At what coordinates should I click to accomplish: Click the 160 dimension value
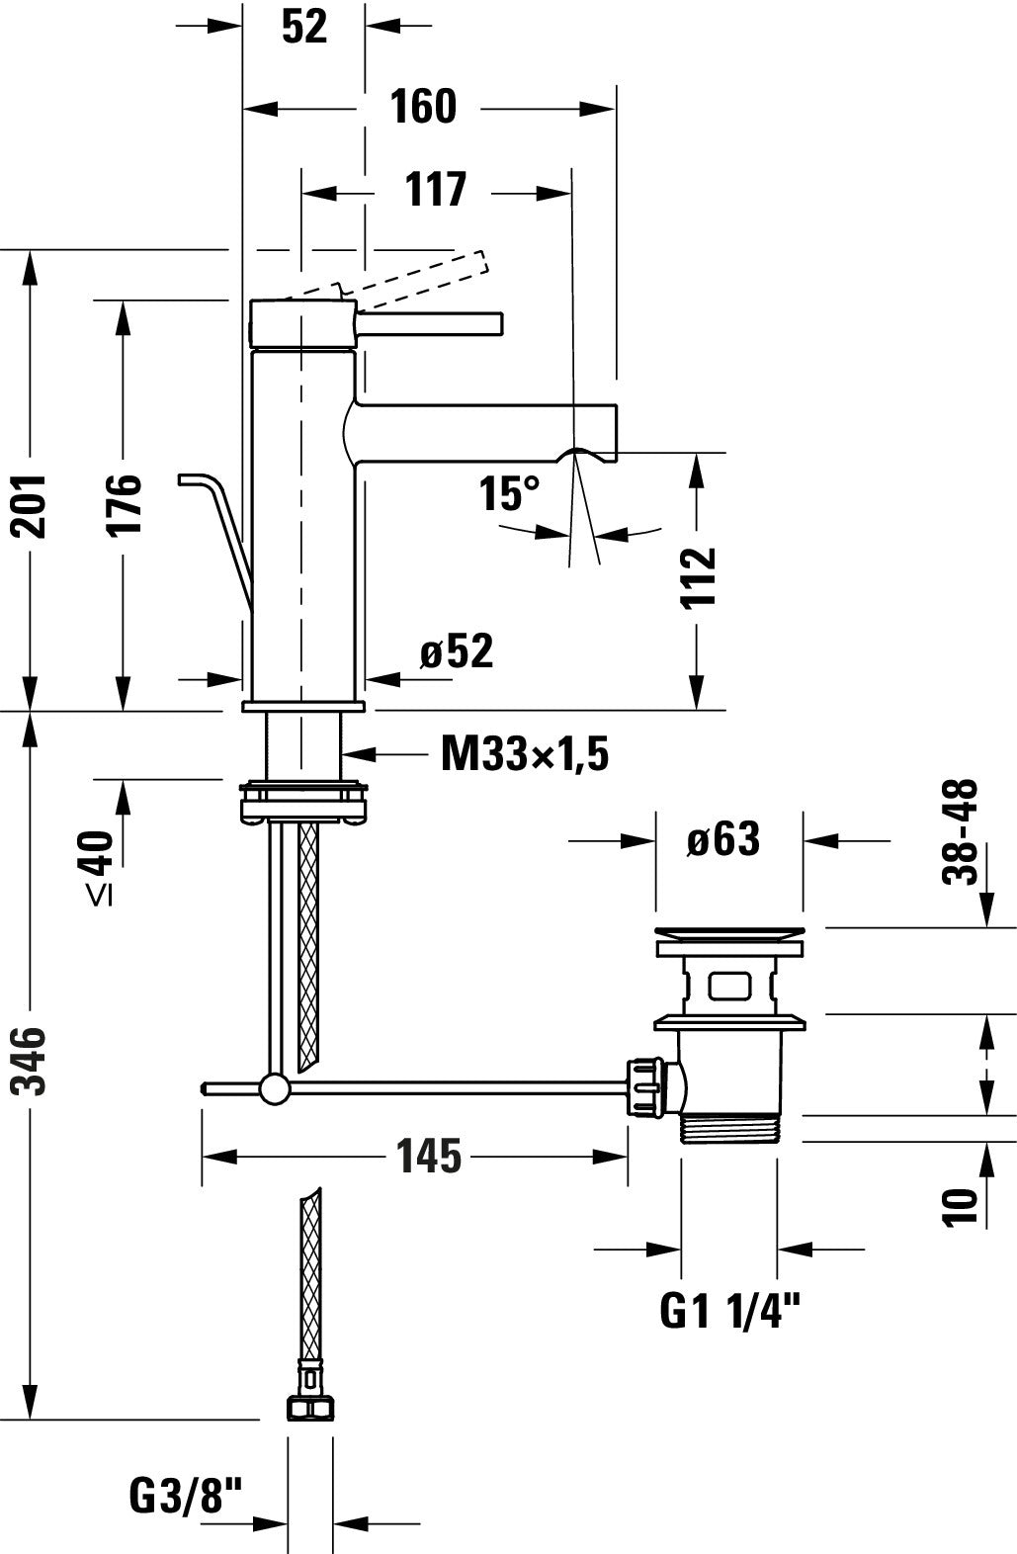click(x=423, y=107)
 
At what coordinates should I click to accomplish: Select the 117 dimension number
click(x=435, y=189)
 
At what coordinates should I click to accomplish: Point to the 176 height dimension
click(x=125, y=505)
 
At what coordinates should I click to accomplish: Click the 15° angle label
click(x=510, y=493)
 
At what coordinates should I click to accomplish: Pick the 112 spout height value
click(x=699, y=578)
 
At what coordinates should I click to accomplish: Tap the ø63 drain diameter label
click(x=723, y=840)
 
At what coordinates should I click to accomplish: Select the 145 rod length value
click(x=428, y=1156)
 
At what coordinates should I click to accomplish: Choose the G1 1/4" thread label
click(x=728, y=1312)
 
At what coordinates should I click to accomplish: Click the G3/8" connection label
click(x=185, y=1496)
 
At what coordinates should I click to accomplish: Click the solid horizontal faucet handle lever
click(x=430, y=323)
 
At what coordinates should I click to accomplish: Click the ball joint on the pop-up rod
click(x=275, y=1088)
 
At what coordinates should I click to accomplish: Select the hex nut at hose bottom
click(x=309, y=1409)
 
